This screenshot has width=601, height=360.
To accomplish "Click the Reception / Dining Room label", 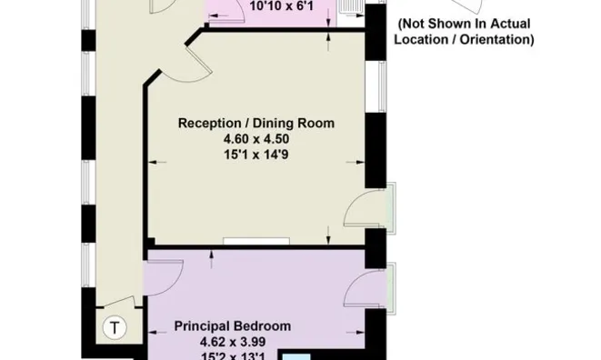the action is pos(256,123).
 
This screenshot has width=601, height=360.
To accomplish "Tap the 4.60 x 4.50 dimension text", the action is pos(256,139).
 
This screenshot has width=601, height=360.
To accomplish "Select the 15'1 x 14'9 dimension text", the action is pos(256,155).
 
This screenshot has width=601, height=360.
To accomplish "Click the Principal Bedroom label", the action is pos(232,325).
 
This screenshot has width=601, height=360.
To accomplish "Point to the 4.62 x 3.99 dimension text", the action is pos(233,342).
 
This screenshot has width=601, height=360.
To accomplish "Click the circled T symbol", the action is pos(115,328).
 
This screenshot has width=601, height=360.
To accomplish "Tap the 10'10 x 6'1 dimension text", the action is pos(281,6).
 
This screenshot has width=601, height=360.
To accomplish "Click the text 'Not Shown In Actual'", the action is pos(465,24).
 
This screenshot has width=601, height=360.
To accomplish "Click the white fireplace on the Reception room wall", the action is pos(256,241).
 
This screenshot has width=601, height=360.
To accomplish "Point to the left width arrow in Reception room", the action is pos(157,162).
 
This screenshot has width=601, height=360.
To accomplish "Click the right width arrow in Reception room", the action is pos(356,162).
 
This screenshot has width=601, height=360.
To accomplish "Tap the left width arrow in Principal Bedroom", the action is pos(157,332).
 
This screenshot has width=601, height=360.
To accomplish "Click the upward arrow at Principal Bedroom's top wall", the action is pos(211,260).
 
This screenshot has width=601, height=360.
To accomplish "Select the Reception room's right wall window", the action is pos(382,86).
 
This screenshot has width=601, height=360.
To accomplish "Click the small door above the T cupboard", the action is pos(119,302).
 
